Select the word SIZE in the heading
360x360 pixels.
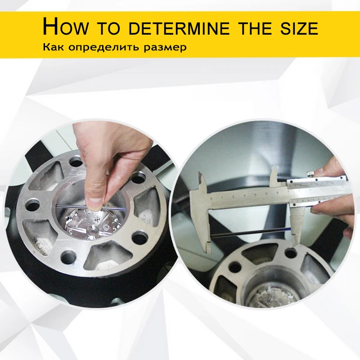point(299,28)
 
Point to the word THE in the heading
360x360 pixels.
point(254,28)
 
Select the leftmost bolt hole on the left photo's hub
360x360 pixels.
point(32,205)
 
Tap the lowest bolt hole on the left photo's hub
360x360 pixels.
point(68,256)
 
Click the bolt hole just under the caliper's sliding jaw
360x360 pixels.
point(290,253)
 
